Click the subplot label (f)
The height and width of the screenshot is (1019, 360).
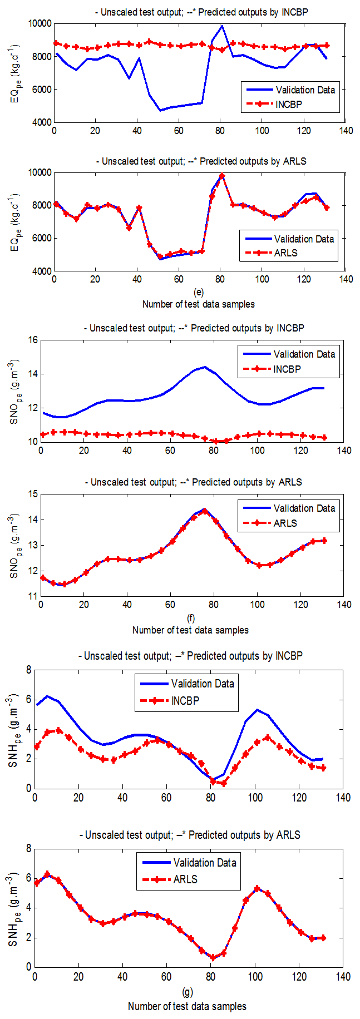coord(190,618)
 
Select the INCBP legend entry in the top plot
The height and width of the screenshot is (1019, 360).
coord(288,104)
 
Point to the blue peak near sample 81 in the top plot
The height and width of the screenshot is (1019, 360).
coord(222,26)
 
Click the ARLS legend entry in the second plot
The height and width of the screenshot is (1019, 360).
coord(286,253)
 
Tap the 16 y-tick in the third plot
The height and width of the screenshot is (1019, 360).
coord(32,340)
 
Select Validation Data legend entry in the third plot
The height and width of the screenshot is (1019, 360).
coord(304,354)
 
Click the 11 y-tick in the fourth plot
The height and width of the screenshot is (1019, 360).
coord(32,596)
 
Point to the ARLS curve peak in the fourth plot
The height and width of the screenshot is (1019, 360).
coord(205,511)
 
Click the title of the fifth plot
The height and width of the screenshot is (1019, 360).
coord(190,656)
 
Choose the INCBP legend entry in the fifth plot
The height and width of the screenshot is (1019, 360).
coord(185,701)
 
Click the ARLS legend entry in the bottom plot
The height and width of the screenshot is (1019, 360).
coord(185,879)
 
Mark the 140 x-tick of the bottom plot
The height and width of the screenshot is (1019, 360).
coord(343,977)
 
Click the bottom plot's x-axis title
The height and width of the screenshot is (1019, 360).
coord(187,1006)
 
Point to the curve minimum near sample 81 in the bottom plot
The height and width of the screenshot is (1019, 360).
coord(213,958)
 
